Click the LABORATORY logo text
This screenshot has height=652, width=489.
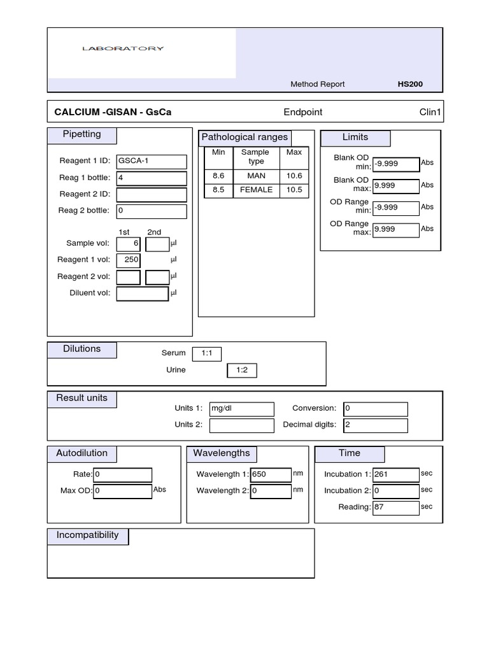coord(123,48)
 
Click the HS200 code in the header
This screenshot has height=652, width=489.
coord(409,84)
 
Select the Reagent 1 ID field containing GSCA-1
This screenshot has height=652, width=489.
coord(152,162)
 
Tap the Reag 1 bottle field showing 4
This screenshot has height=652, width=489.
coord(152,178)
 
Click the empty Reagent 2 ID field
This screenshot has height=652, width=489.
coord(152,195)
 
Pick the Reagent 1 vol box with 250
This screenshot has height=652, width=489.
coord(129,260)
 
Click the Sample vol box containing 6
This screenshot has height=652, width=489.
coord(129,244)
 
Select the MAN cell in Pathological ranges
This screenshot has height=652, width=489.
coord(256,176)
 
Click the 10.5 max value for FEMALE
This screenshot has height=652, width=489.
coord(294,190)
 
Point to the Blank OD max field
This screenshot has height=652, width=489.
coord(395,186)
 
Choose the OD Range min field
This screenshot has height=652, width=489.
coord(395,208)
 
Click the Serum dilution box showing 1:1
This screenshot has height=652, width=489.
coord(206,353)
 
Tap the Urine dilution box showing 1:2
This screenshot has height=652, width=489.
coord(242,371)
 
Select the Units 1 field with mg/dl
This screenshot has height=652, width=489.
coord(241,409)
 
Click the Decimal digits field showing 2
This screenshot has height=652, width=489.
coord(375,425)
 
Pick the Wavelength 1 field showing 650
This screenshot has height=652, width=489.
coord(271,474)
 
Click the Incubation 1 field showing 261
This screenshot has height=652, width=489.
coord(395,474)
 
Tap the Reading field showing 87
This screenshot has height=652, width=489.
coord(395,507)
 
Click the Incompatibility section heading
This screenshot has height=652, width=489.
coord(88,535)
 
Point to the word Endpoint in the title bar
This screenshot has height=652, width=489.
coord(303,113)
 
